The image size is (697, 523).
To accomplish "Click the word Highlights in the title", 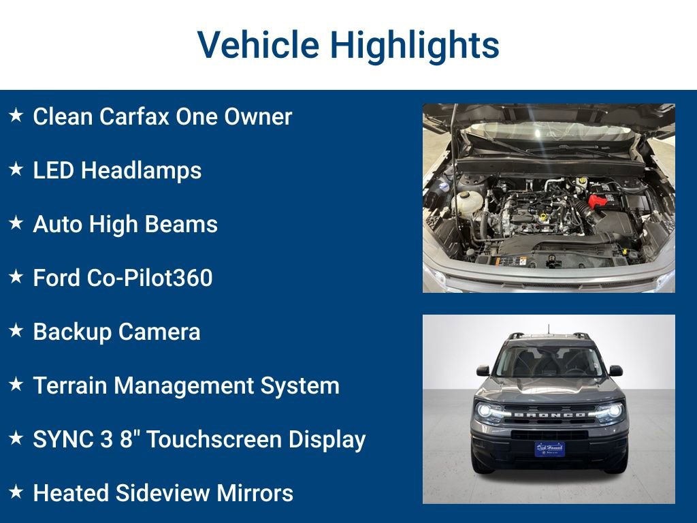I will pyautogui.click(x=415, y=45).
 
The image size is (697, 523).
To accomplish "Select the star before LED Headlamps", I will pyautogui.click(x=16, y=170).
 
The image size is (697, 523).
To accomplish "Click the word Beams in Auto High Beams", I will pyautogui.click(x=185, y=224).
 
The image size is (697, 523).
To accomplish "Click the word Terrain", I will pyautogui.click(x=70, y=385).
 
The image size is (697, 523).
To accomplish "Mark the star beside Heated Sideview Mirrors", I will pyautogui.click(x=16, y=492).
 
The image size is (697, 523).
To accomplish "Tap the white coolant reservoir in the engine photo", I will pyautogui.click(x=467, y=202).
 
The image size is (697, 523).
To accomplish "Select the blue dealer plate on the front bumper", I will pyautogui.click(x=549, y=449).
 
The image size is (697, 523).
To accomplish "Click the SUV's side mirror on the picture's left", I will pyautogui.click(x=483, y=371).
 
